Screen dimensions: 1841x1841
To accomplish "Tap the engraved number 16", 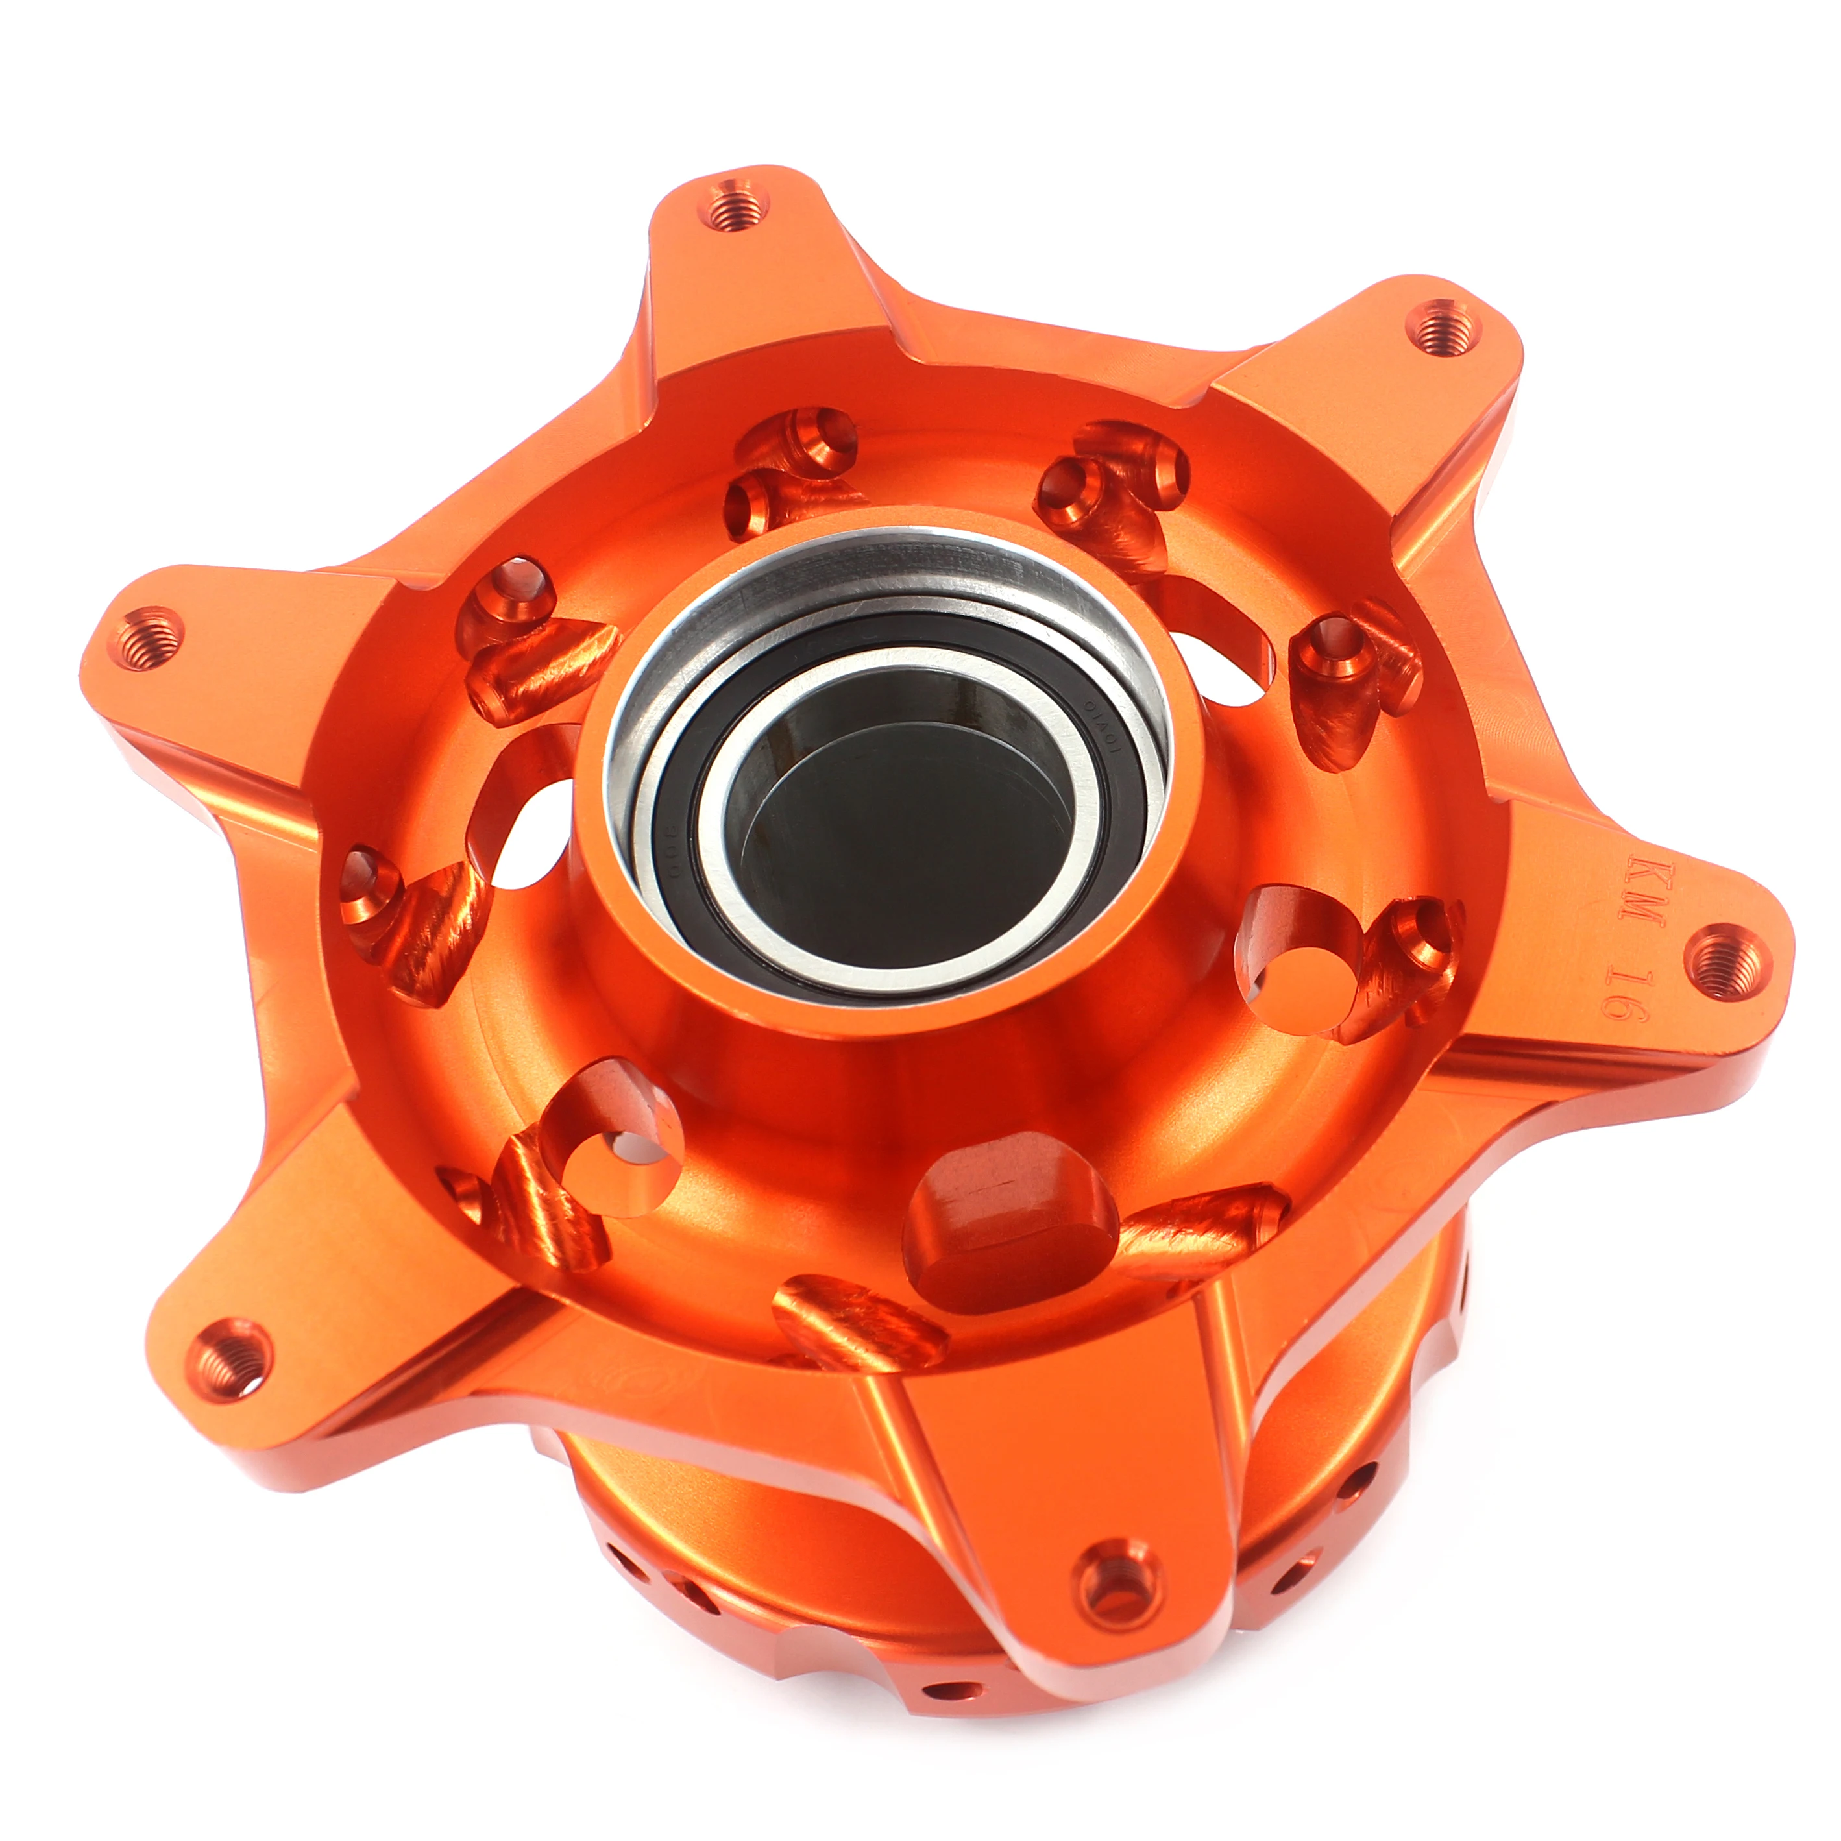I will point(1624,990).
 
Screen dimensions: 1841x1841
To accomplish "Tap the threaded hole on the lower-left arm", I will point(228,1358).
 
